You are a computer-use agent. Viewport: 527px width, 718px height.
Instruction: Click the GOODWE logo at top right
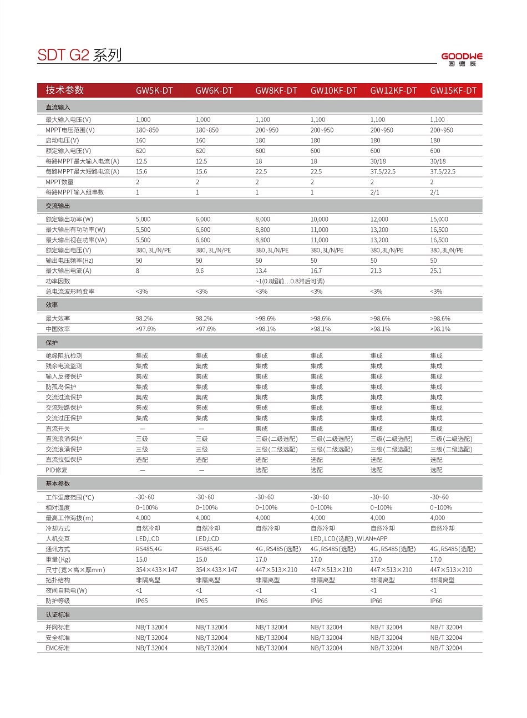462,59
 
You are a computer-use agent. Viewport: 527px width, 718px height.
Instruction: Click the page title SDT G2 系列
79,55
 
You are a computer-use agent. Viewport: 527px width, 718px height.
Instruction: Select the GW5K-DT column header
154,91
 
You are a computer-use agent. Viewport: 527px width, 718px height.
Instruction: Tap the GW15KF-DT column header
453,91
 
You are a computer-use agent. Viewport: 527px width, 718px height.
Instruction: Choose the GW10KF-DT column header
333,91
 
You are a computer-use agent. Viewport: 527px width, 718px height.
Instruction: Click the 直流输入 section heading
58,108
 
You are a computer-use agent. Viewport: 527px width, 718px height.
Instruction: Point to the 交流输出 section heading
58,206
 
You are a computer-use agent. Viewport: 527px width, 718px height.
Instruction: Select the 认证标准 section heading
58,615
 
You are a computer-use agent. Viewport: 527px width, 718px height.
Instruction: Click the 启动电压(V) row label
62,141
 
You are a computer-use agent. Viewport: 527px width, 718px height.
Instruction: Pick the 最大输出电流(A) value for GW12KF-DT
376,271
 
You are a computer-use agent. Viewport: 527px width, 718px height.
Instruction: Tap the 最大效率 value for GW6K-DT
204,319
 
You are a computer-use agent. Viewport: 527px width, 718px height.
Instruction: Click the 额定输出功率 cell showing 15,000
439,220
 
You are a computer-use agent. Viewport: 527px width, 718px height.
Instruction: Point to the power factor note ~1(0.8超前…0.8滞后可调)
290,282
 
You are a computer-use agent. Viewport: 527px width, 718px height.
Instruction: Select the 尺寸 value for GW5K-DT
156,570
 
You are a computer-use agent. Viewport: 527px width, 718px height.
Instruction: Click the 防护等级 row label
58,601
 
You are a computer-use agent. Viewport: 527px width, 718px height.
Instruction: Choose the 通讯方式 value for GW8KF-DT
278,549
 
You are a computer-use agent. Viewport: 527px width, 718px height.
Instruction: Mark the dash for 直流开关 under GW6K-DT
202,429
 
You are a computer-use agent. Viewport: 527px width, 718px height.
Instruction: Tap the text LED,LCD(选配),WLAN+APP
349,539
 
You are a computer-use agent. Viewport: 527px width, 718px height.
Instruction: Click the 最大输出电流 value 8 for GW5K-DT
138,271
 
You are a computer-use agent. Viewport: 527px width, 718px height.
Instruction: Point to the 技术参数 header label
65,90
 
